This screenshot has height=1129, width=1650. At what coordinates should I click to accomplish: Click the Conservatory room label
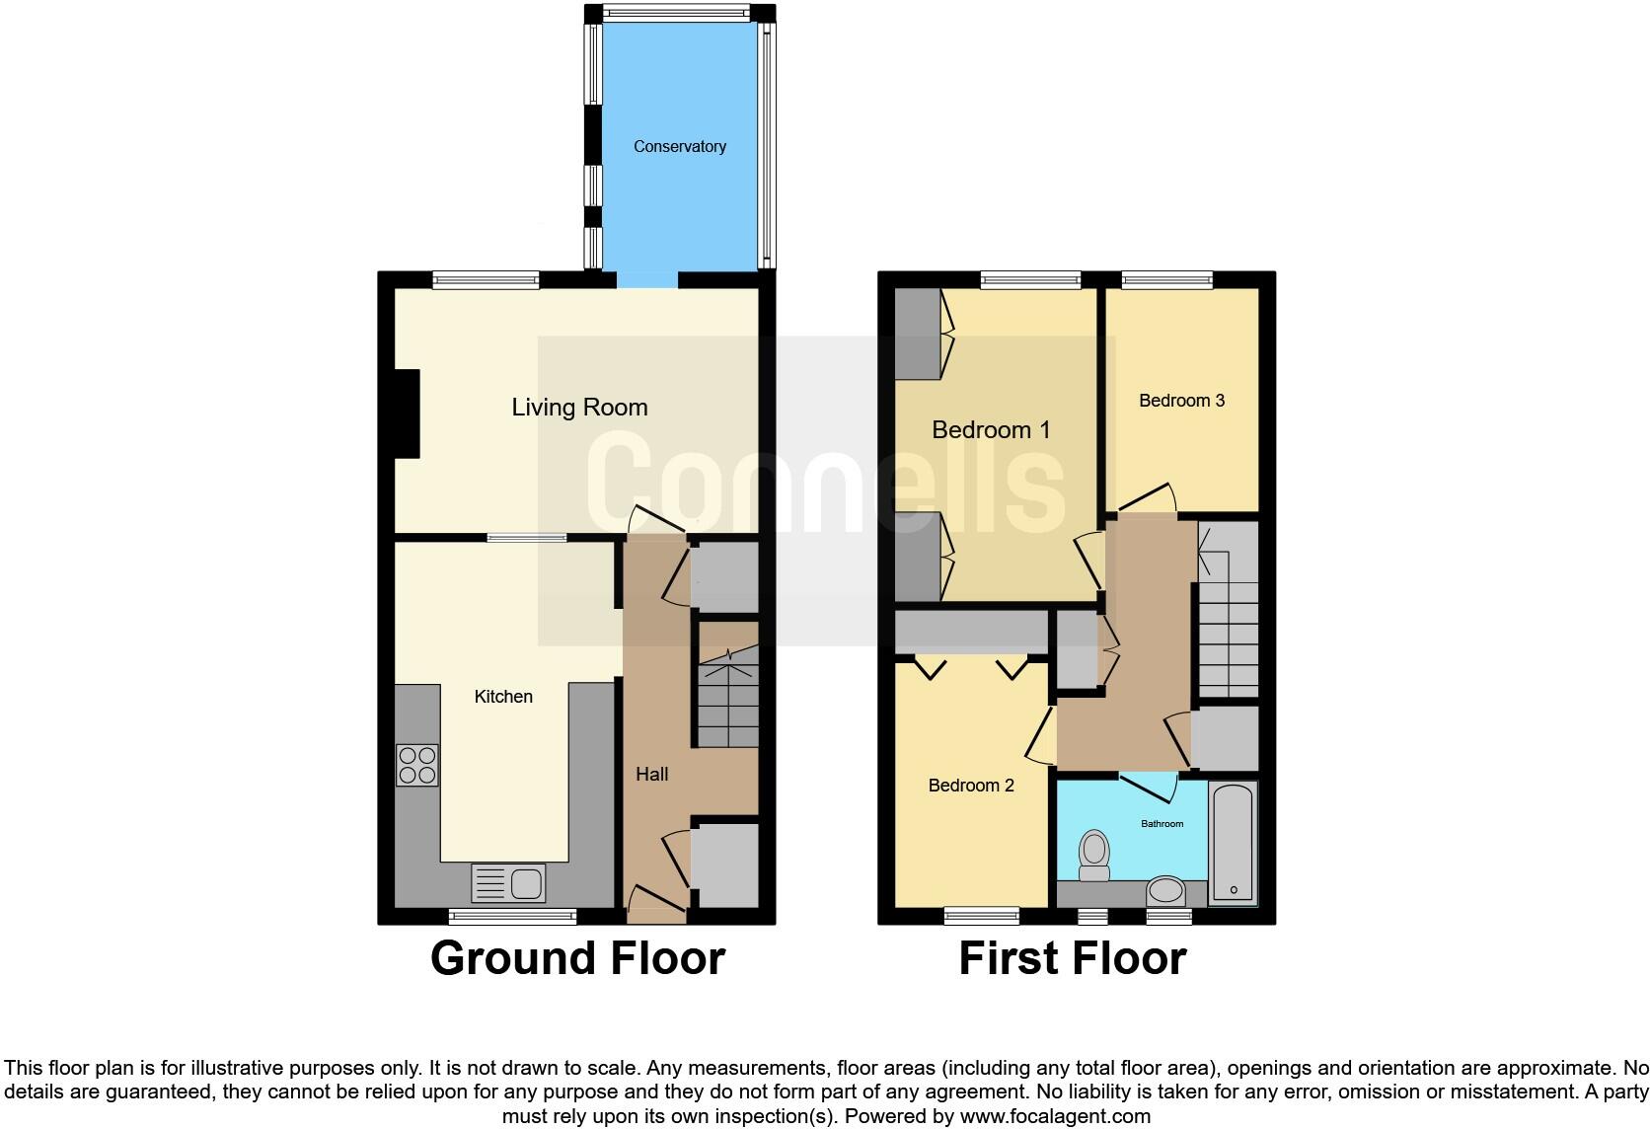pos(679,146)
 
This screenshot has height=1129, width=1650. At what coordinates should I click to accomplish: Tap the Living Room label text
pos(579,408)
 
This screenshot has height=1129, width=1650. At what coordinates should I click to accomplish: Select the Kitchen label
pos(503,697)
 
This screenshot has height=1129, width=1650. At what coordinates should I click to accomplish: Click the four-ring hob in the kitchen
pos(416,765)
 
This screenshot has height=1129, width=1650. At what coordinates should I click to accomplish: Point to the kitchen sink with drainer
pos(508,883)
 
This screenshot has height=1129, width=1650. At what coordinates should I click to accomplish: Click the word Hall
pos(651,775)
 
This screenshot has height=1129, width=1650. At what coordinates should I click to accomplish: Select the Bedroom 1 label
pos(991,430)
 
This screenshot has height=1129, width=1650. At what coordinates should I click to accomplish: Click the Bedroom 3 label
pos(1181,401)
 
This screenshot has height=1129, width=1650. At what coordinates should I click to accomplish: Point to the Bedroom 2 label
pos(971,786)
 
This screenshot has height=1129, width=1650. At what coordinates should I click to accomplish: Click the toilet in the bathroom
pos(1093,855)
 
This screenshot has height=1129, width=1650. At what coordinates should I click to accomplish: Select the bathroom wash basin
pos(1166,891)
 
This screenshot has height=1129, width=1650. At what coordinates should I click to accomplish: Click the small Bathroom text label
pos(1162,823)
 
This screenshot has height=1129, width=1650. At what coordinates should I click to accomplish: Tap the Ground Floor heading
pos(577,958)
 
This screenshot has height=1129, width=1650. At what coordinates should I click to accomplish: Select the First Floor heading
pos(1072,958)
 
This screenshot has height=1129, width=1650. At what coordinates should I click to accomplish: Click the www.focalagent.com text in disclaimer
pos(1055,1117)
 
